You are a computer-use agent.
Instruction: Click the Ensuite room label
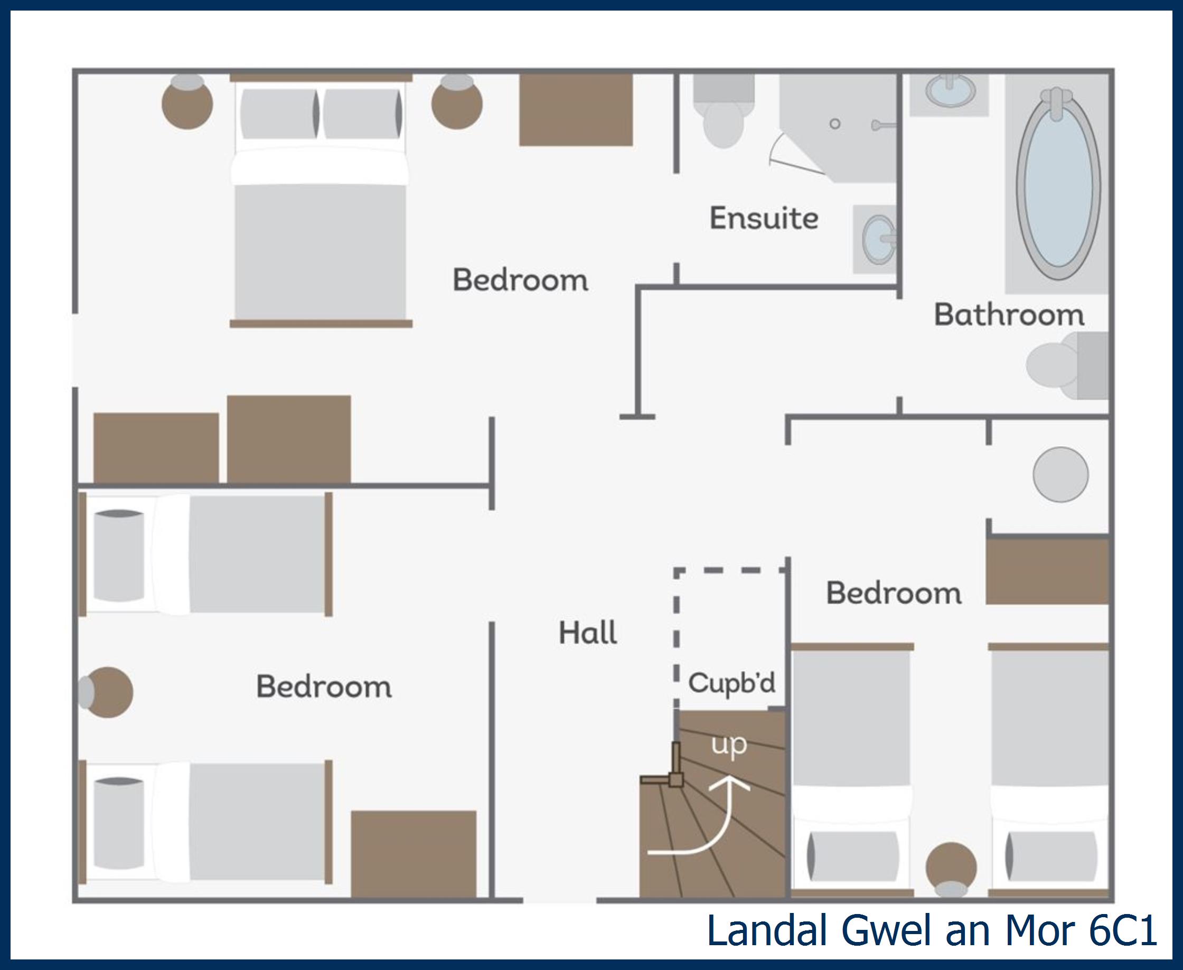click(x=763, y=218)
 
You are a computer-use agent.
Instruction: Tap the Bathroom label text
click(x=1009, y=315)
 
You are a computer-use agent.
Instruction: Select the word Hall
click(x=588, y=633)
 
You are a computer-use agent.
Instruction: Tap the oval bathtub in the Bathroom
click(x=1058, y=184)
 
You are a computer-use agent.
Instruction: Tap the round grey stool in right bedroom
click(x=1060, y=474)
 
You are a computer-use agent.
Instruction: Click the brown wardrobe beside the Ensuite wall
click(x=576, y=110)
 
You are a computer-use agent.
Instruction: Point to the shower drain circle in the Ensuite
click(x=835, y=124)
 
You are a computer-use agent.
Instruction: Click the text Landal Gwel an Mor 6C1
click(x=932, y=931)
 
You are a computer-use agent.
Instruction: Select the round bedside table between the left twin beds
click(x=107, y=692)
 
